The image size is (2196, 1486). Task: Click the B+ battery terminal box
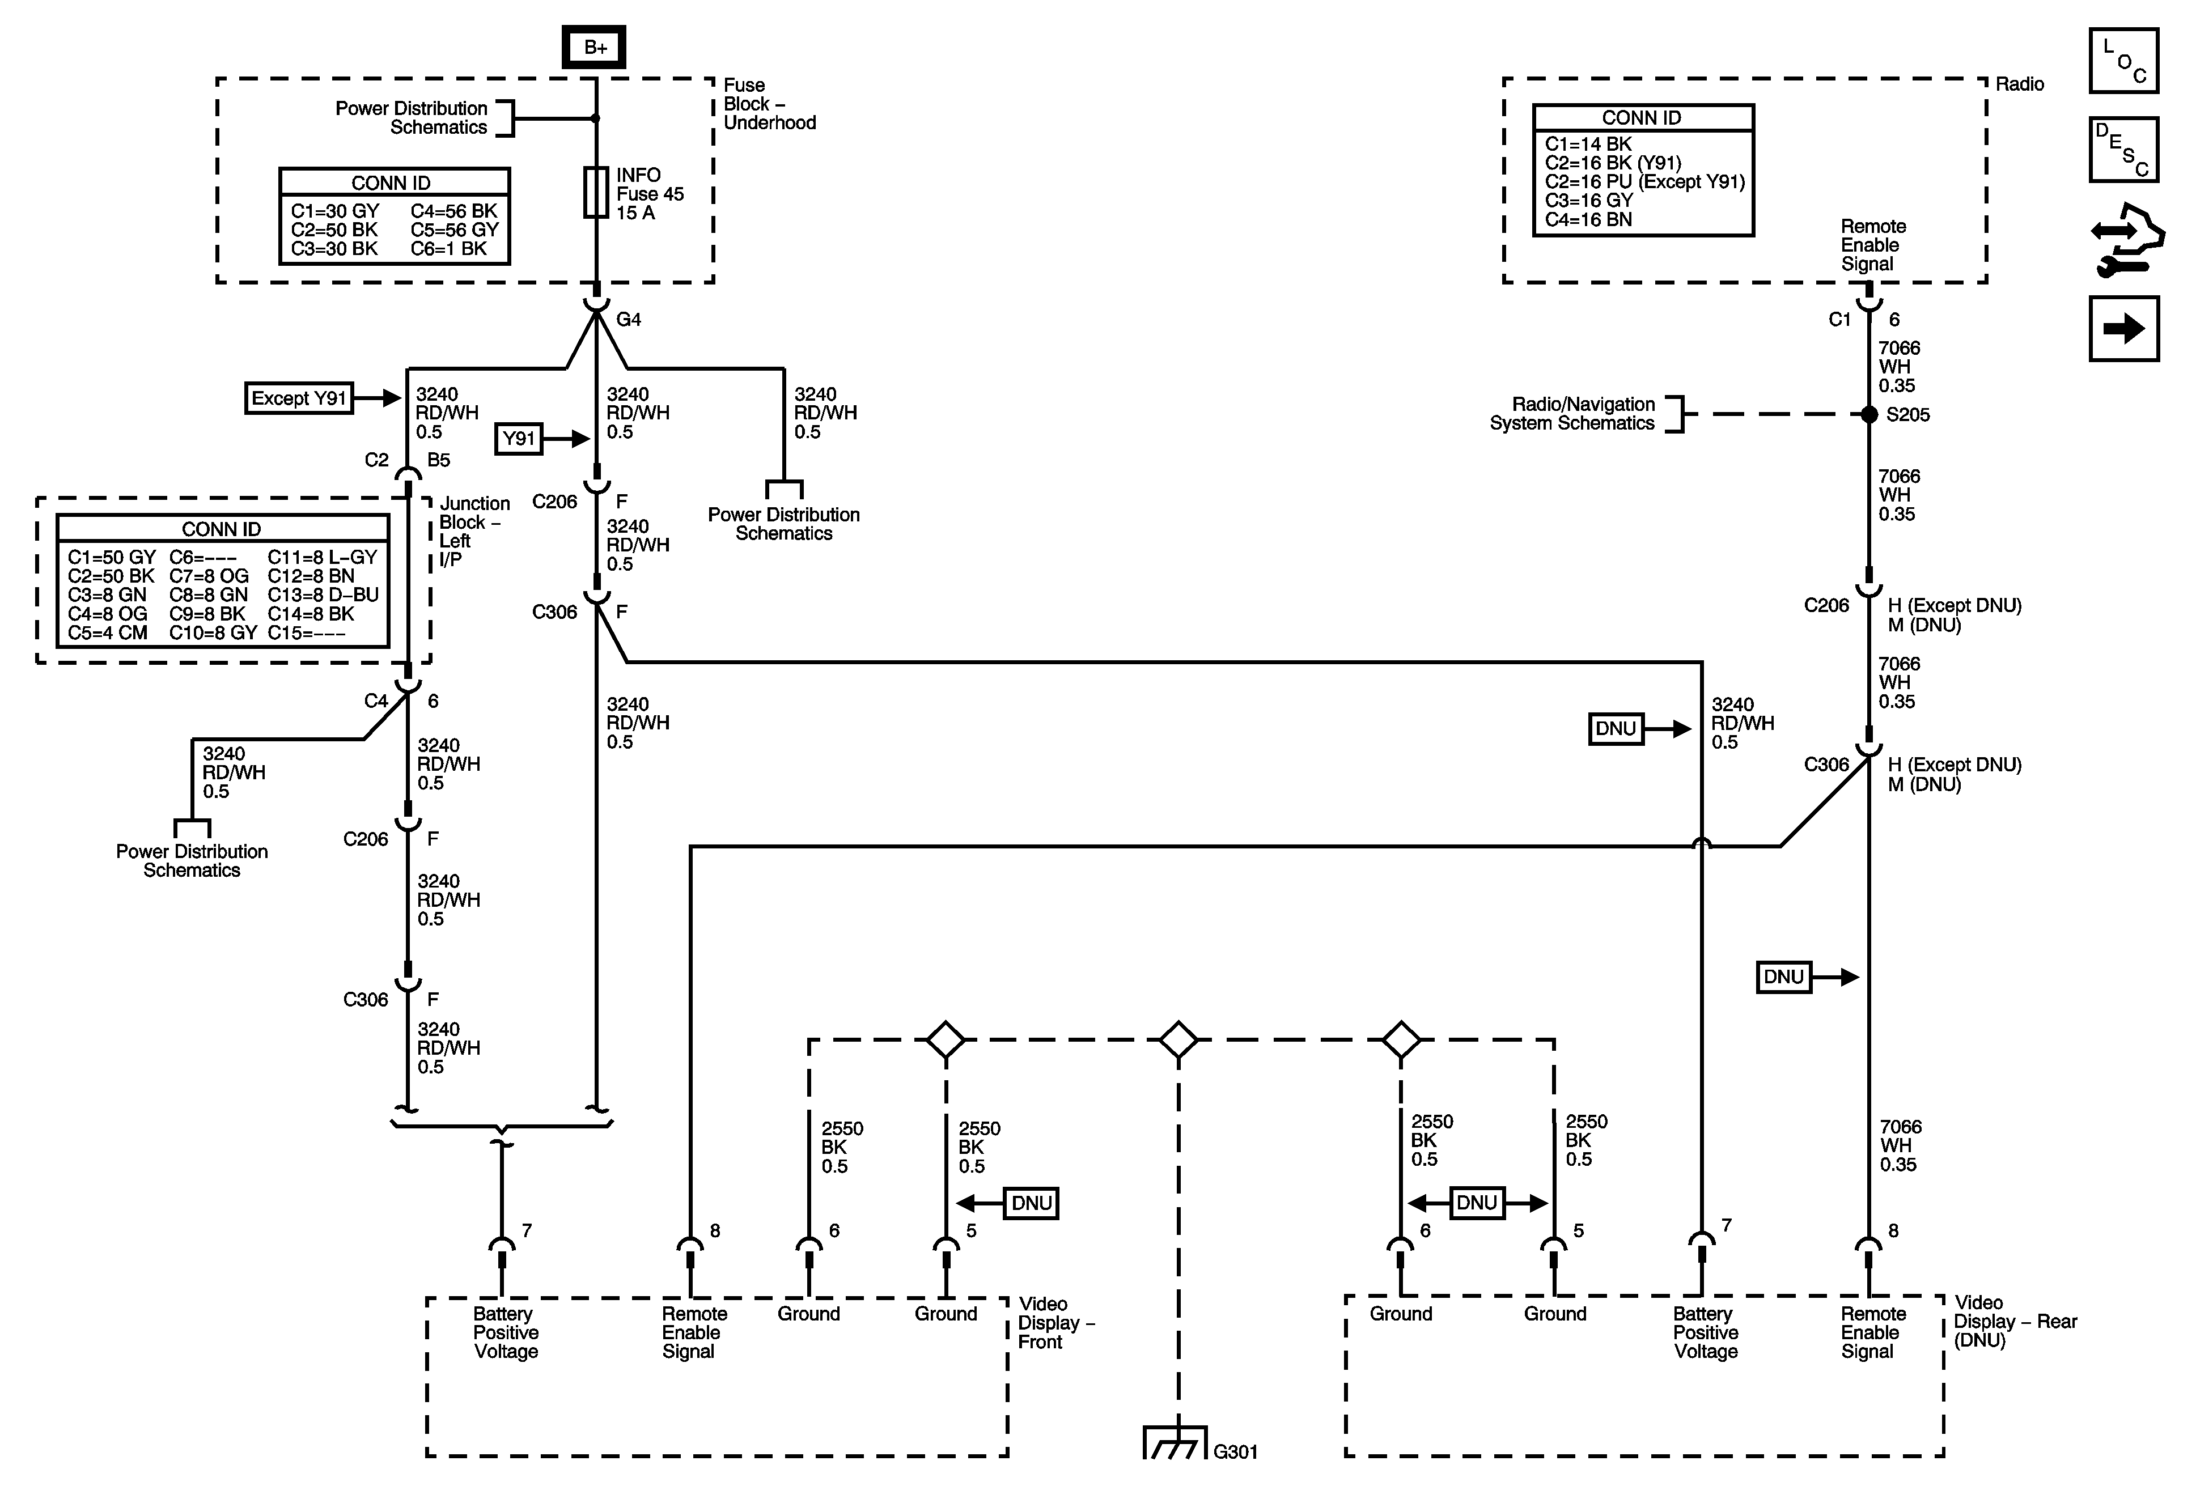coord(595,47)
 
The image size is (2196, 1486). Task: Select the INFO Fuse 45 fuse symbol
coord(595,193)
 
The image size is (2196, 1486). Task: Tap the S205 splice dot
coord(1868,414)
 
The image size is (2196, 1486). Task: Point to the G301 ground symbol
coord(1175,1442)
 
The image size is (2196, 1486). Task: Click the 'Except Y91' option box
coord(299,398)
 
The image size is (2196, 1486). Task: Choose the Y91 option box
coord(519,438)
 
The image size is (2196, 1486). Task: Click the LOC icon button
coord(2123,61)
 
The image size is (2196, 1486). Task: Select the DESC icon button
coord(2123,149)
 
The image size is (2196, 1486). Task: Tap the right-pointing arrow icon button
coord(2123,329)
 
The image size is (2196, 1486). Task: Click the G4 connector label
coord(629,319)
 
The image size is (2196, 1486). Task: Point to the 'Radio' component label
coord(2019,84)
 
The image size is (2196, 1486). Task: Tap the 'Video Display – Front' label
coord(1054,1323)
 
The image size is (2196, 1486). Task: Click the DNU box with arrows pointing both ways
coord(1476,1203)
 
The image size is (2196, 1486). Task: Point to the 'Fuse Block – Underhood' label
coord(768,104)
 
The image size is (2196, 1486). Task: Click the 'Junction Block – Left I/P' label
coord(472,531)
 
